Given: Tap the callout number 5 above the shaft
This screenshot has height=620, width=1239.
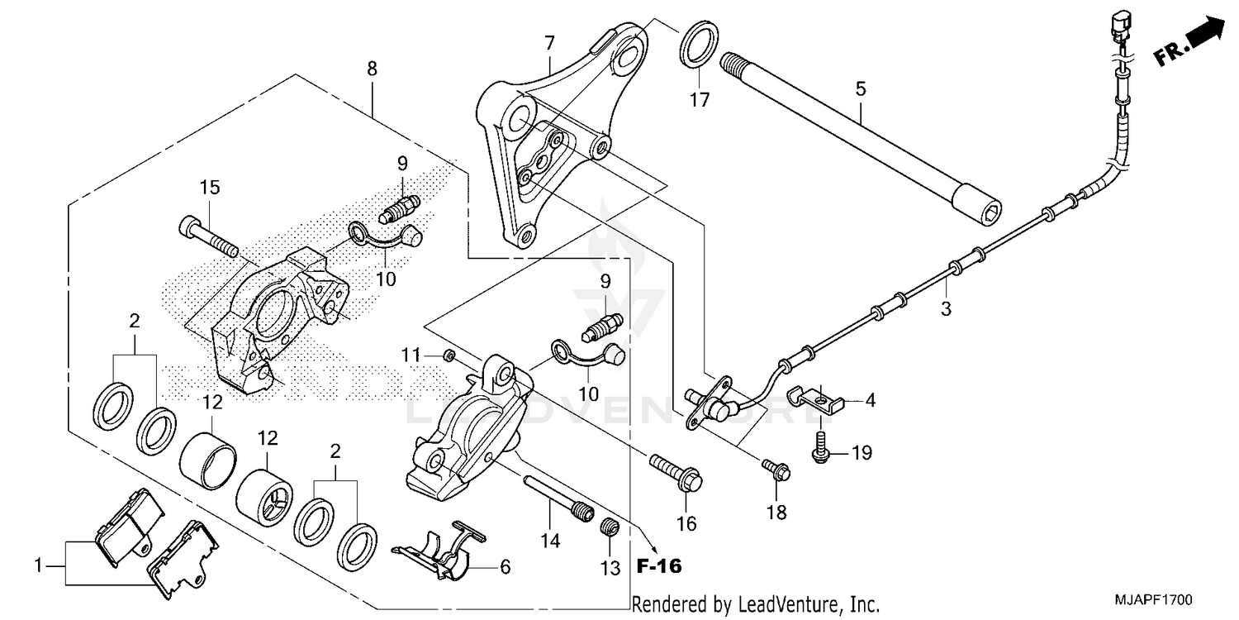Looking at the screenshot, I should [x=861, y=88].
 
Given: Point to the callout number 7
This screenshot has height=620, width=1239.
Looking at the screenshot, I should [x=549, y=42].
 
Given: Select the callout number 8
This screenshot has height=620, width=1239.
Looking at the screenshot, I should [x=373, y=69].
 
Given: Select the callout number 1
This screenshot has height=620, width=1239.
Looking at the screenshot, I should [x=37, y=566].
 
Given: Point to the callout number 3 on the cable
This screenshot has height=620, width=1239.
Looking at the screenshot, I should [x=946, y=310].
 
